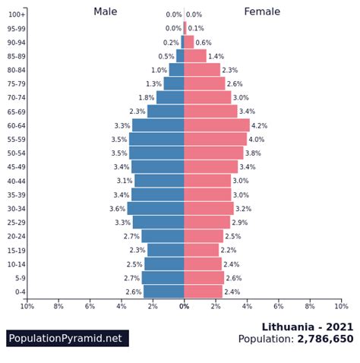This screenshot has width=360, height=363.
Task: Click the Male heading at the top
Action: [106, 11]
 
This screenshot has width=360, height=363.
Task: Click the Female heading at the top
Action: [262, 11]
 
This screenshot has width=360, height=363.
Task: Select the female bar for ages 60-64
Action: [216, 125]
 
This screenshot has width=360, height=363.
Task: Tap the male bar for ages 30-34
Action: [156, 208]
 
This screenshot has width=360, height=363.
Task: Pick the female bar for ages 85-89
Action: [195, 56]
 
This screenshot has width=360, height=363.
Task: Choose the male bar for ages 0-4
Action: [164, 292]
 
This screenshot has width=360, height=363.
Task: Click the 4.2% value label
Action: [260, 125]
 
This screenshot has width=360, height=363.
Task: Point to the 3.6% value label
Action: [118, 209]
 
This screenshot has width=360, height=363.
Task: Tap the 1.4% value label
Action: [216, 56]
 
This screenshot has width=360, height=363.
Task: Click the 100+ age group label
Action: [17, 14]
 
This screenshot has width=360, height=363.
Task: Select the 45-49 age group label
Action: [17, 167]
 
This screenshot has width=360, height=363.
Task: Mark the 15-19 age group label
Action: [17, 250]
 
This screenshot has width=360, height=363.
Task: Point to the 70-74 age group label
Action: [17, 97]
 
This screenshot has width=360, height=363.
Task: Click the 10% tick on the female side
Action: [341, 306]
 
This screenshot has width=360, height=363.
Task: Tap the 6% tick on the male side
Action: [90, 306]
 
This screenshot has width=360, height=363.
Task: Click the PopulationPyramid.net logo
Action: [67, 339]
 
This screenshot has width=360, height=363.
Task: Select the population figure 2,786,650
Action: [325, 339]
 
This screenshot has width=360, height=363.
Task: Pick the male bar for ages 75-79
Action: [174, 84]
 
